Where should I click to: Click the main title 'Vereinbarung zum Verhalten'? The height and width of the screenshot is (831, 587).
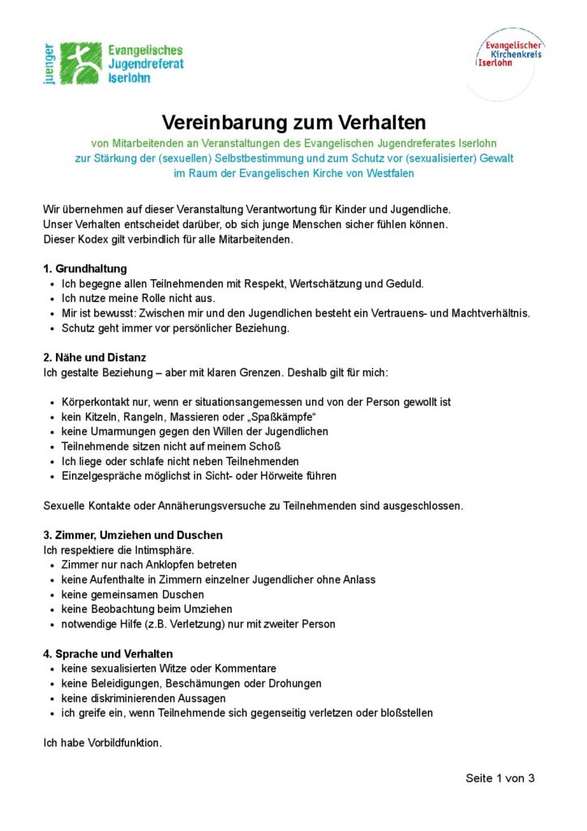point(293,123)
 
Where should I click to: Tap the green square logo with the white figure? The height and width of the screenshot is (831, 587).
point(81,63)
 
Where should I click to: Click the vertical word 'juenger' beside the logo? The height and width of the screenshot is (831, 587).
point(49,65)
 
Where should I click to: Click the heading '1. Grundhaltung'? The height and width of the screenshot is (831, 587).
point(84,269)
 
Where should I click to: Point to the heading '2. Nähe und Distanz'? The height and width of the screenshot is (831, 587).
point(94,357)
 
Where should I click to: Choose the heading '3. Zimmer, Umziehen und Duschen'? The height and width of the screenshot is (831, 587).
point(132,535)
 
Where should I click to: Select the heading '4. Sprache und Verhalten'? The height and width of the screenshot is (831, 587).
point(107,653)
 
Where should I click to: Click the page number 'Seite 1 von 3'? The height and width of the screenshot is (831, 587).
point(499,778)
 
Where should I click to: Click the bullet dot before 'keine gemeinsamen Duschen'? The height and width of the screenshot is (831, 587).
point(53,595)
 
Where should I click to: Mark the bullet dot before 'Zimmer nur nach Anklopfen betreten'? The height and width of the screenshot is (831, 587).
point(53,565)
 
